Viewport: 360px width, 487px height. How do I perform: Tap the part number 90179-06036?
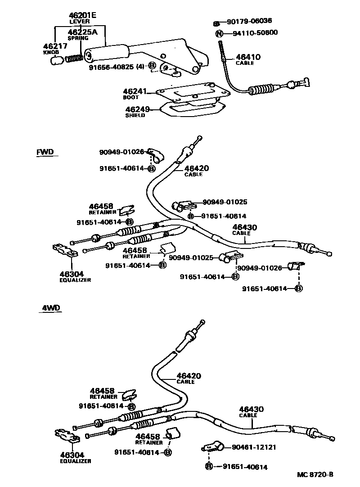249,21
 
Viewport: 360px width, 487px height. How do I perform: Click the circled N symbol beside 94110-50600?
219,33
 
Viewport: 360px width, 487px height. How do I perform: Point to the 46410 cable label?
248,57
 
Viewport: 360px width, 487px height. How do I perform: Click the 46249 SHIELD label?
136,109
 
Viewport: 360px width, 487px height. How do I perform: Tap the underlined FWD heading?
45,152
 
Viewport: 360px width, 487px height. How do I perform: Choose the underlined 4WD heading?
51,308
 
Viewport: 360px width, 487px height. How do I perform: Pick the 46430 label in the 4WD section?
251,409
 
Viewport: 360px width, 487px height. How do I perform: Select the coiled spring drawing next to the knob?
73,58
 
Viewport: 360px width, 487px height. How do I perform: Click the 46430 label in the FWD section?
244,228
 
